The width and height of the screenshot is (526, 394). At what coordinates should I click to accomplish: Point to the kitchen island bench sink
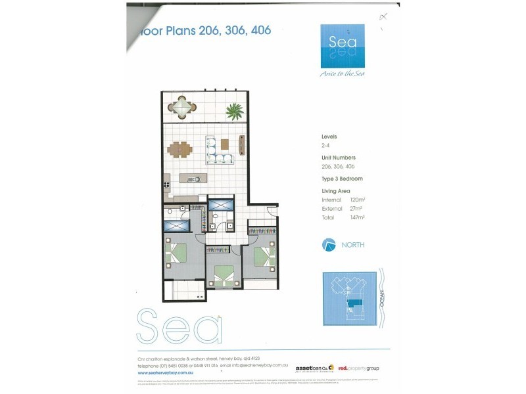click(x=195, y=179)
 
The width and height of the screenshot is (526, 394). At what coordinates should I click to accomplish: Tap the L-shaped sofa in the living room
click(x=219, y=151)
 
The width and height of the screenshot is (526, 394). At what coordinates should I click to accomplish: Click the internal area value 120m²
click(x=357, y=198)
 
